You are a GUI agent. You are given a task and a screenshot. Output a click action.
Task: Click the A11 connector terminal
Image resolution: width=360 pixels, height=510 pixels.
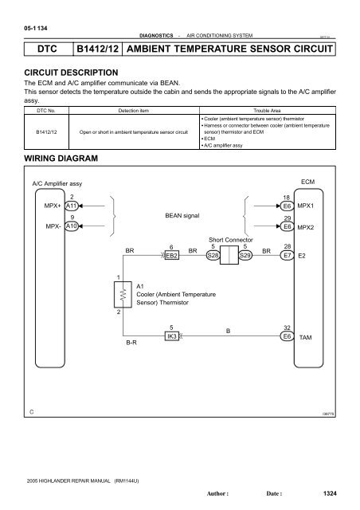tap(72, 205)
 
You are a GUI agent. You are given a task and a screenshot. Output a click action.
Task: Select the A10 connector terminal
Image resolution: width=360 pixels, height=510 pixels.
tap(72, 226)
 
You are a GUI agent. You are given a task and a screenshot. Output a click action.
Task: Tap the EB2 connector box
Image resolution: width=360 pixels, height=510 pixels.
tap(171, 256)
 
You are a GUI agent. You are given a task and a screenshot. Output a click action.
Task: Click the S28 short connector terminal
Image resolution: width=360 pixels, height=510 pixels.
tap(213, 256)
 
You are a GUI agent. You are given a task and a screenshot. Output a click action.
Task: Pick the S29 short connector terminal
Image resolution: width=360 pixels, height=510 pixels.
tap(245, 256)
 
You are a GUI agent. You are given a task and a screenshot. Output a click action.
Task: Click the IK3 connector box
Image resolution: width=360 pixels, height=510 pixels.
tap(171, 337)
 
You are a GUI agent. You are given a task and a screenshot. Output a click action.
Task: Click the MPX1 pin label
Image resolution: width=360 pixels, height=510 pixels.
tap(306, 205)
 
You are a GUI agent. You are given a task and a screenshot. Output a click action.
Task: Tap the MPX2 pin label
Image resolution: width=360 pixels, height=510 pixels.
tap(306, 227)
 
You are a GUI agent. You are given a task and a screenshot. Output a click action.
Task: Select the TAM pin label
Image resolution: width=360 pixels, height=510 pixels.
tap(305, 338)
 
